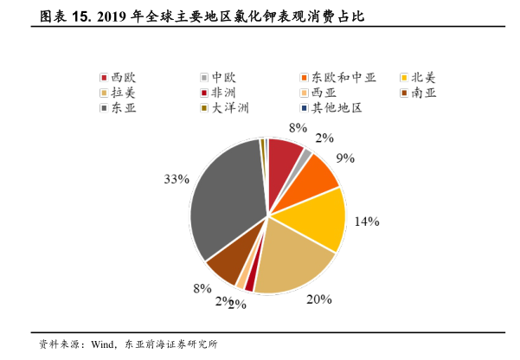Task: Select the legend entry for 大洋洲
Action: [224, 107]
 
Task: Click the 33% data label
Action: [177, 179]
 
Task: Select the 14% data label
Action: [367, 222]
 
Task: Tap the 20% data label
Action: [319, 299]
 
